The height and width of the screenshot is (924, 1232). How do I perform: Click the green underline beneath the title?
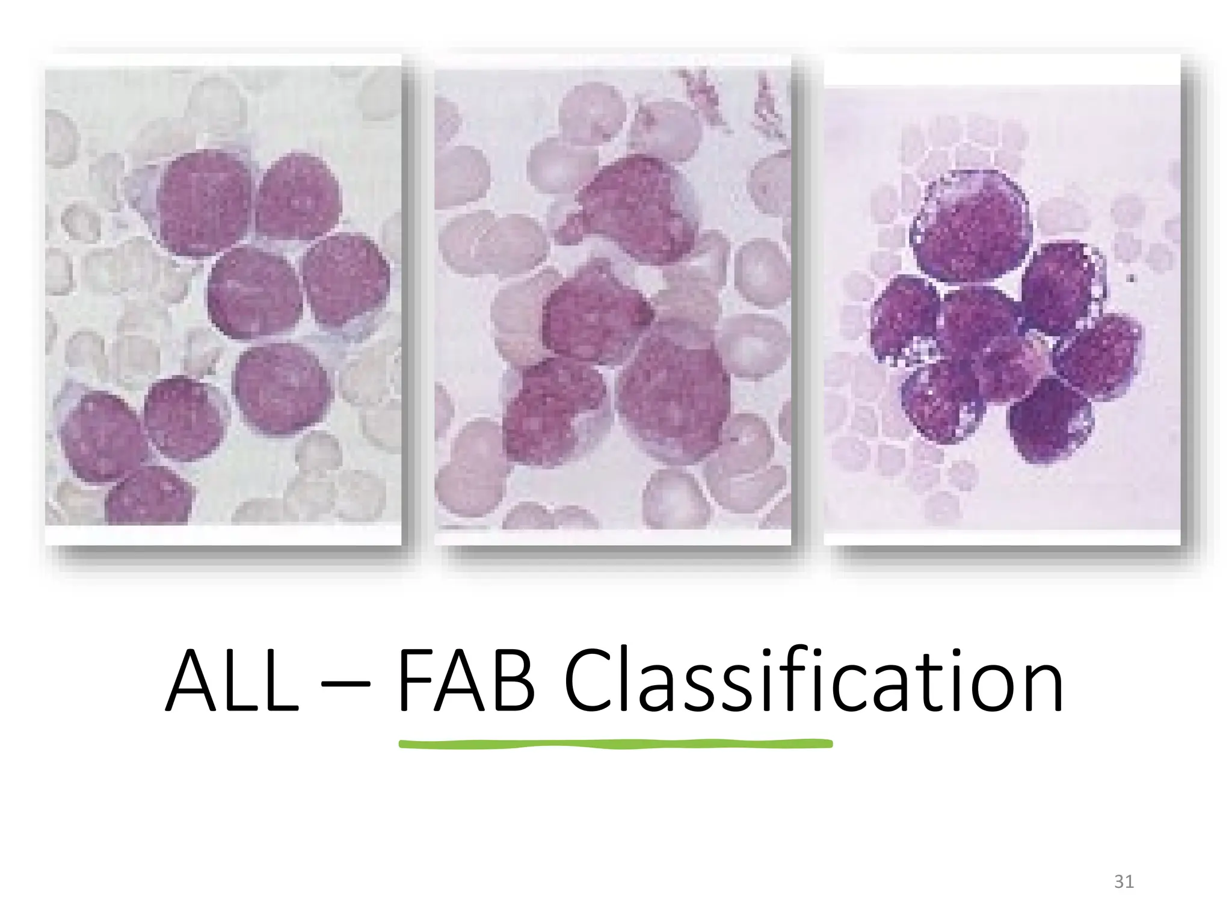pos(615,745)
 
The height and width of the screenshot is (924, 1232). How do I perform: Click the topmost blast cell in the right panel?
pos(970,227)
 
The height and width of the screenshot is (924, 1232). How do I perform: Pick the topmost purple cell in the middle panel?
pos(629,208)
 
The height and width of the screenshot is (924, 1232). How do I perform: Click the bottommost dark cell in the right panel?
pos(1050,421)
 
